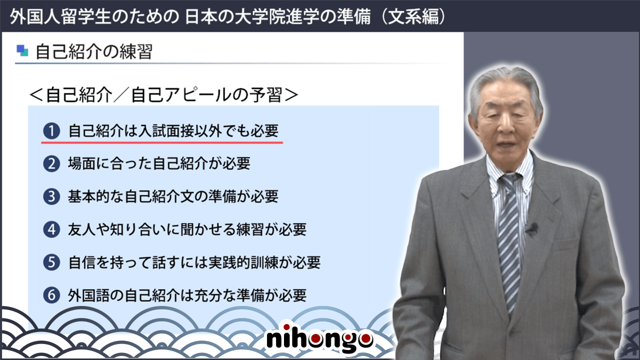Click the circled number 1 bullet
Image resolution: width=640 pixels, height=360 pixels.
51,131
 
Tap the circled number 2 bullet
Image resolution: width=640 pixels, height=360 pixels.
51,164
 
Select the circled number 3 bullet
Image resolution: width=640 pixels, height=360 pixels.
51,196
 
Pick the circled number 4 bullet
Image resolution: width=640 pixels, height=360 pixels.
51,229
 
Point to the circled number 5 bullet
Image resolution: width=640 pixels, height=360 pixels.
51,262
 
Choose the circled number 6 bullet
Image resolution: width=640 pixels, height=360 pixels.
51,295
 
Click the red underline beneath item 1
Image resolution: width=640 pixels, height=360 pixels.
162,142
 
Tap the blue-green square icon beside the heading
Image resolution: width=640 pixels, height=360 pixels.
22,50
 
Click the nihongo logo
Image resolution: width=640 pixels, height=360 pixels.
319,339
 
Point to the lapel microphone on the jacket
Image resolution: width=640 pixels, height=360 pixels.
532,228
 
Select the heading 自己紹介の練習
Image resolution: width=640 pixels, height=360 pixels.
93,51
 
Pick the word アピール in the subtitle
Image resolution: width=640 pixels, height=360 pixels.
200,95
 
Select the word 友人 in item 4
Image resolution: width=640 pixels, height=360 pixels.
81,229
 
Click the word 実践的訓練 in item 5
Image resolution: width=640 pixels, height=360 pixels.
243,262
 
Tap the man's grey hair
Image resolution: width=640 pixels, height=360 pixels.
505,83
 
